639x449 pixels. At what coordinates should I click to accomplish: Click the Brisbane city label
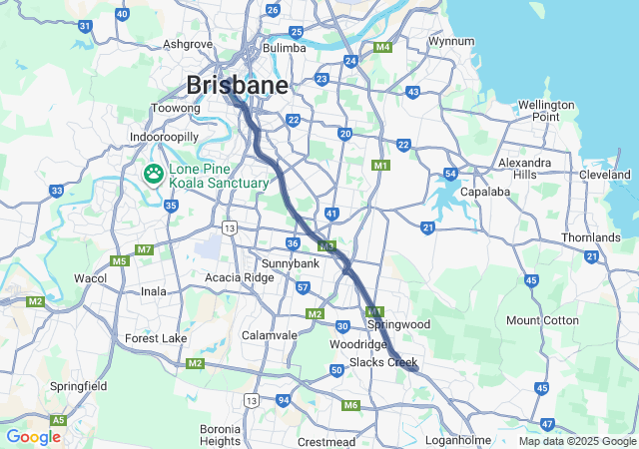(x=238, y=85)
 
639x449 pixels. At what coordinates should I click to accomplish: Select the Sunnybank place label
(x=290, y=262)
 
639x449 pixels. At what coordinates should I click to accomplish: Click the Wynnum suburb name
(x=449, y=41)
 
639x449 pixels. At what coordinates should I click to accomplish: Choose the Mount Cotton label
(x=542, y=320)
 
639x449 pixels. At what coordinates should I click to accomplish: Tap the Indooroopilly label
(x=166, y=137)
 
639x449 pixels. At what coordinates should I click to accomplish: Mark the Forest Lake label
(x=156, y=338)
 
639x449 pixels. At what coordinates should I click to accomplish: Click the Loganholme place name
(x=458, y=440)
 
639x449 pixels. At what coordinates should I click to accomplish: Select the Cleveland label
(x=605, y=175)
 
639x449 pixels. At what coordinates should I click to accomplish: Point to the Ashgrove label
(x=189, y=44)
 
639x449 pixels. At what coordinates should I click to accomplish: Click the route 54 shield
(x=451, y=175)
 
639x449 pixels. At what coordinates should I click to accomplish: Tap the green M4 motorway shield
(x=382, y=47)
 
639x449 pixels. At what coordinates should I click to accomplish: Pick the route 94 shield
(x=284, y=400)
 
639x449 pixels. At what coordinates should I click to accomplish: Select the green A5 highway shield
(x=59, y=420)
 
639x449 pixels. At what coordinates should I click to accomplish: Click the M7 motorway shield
(x=144, y=248)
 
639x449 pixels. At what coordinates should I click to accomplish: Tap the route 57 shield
(x=303, y=287)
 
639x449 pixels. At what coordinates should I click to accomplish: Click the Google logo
(x=33, y=436)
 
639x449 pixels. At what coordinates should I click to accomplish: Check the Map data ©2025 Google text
(x=576, y=441)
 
